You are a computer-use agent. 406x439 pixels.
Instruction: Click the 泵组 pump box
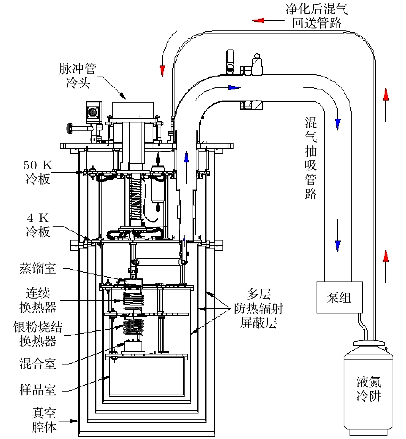[339, 297]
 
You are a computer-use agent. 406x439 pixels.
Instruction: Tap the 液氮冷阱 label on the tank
[369, 389]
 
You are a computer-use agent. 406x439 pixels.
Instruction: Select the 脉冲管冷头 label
[78, 76]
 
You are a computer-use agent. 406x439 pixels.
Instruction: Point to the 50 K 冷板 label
[38, 172]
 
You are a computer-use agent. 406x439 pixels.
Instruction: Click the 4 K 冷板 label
[38, 225]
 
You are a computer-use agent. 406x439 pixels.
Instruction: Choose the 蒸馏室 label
[38, 268]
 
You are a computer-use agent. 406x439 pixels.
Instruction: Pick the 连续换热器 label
[38, 300]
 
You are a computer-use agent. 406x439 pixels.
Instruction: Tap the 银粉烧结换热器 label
[38, 334]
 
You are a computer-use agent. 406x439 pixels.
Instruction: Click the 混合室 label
[38, 363]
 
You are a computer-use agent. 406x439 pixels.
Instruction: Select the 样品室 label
[38, 390]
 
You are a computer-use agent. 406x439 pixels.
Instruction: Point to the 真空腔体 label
[44, 420]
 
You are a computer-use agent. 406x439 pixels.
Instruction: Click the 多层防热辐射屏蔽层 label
[258, 308]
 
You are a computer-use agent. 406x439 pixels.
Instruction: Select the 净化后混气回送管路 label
[317, 16]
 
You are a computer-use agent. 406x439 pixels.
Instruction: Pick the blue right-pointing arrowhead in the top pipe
[234, 88]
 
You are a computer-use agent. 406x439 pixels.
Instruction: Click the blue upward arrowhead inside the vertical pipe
[186, 158]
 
